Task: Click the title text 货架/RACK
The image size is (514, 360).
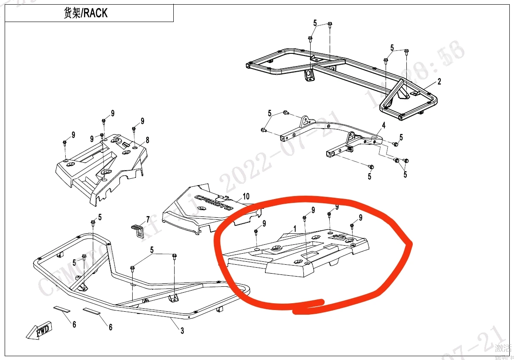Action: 85,13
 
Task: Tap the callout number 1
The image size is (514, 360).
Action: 295,228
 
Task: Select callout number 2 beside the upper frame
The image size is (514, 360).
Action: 439,82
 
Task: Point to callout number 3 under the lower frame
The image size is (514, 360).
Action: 182,331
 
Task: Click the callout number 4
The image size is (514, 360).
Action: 383,125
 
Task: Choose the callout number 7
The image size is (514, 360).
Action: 148,219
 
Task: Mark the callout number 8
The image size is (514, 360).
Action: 147,140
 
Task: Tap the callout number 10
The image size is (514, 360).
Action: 246,197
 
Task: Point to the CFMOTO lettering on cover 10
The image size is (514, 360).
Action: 214,202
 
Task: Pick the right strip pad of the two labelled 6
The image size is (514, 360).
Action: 92,311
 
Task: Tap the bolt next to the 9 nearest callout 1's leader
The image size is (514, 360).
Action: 304,219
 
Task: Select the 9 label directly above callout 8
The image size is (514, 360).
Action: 142,121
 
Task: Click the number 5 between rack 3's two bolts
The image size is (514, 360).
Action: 152,250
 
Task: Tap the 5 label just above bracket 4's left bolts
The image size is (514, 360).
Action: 270,113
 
